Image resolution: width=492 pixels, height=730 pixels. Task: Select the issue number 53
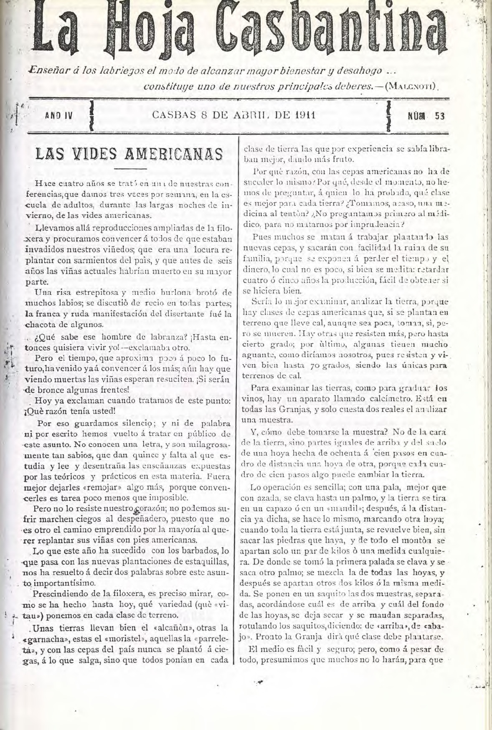(439, 117)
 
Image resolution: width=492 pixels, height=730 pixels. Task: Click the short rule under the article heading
(128, 169)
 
